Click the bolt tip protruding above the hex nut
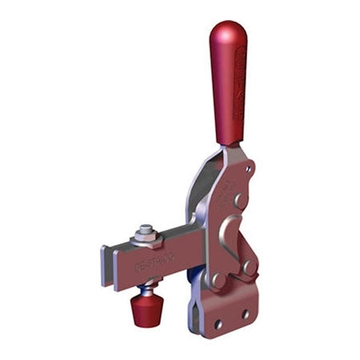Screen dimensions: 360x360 coord(145,228)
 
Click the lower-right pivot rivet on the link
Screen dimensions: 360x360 coord(249,266)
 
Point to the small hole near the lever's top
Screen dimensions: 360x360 coord(250,170)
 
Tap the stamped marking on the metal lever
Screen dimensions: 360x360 coord(233,192)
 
